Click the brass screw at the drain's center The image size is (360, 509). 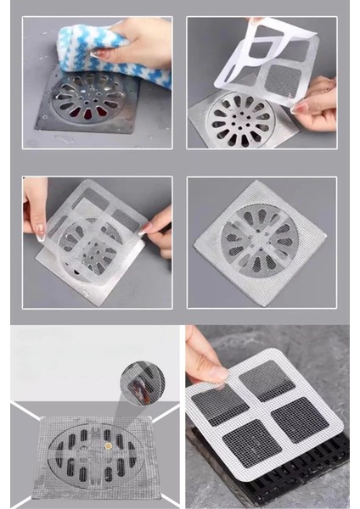[108, 443]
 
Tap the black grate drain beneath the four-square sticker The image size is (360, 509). [272, 484]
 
